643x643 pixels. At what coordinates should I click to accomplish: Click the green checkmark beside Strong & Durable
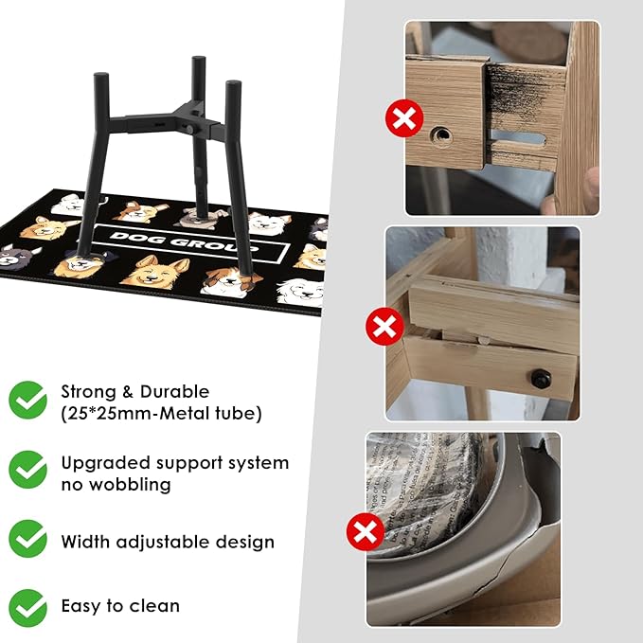coord(27,400)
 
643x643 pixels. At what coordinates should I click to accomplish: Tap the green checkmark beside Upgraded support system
coord(27,470)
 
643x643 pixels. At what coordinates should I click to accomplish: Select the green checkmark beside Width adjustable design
coord(27,539)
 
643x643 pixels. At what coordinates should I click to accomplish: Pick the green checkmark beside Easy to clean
coord(27,608)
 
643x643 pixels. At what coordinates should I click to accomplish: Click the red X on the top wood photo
coord(404,118)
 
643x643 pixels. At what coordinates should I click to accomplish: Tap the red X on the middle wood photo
coord(384,327)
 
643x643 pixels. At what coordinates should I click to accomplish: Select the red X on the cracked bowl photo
coord(366,532)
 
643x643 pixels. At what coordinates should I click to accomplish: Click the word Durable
coord(174,392)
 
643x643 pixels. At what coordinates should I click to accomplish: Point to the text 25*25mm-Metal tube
coord(161,413)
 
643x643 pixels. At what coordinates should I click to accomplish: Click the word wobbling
coord(130,485)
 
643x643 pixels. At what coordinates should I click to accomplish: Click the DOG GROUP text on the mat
coord(185,242)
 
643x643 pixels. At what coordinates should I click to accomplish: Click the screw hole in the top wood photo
coord(441,135)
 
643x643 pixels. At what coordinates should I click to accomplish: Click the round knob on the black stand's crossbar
coord(189,129)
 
